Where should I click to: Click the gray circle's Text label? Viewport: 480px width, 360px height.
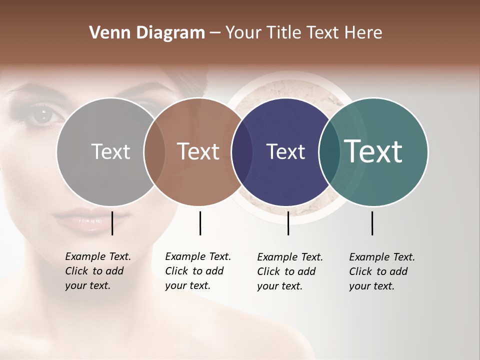point(110,151)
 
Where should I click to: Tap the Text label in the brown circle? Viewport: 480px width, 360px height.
point(198,151)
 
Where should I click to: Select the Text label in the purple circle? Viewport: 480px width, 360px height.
point(285,151)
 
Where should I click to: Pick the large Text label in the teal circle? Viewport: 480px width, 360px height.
point(373,151)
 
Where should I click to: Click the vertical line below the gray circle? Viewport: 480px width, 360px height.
point(112,223)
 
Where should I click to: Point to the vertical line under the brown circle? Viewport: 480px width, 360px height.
point(200,223)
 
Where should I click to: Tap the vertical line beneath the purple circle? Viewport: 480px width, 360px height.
point(288,223)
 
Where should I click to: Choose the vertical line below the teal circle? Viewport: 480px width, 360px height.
point(372,223)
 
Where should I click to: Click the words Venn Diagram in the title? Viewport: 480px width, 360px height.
point(147,33)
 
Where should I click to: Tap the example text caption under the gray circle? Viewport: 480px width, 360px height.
point(98,271)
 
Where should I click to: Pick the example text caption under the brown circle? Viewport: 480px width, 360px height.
point(198,271)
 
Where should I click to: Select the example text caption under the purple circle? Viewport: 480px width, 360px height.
point(290,271)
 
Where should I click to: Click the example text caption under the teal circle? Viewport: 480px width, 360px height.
point(382,271)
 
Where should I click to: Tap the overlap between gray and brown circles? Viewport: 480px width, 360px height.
point(154,151)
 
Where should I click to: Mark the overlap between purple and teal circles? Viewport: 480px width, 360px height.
point(329,151)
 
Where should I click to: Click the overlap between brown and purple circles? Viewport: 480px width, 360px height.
point(241,151)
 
